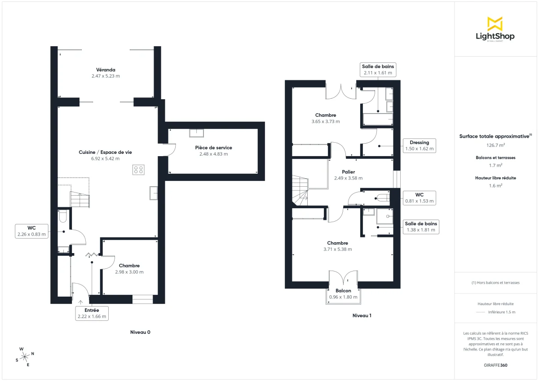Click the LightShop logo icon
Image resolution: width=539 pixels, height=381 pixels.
point(495,23)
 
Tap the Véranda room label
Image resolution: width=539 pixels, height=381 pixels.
point(106,70)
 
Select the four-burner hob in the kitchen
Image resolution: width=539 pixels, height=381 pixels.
point(138,170)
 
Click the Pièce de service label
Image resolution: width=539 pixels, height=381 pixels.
point(213,148)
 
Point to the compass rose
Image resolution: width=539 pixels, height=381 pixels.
point(25,357)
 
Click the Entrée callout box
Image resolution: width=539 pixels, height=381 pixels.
point(92,313)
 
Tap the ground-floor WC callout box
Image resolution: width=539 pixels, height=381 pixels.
point(31,231)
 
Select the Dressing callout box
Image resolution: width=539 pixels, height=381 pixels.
point(419,145)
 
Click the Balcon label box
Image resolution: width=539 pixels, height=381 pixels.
point(344,294)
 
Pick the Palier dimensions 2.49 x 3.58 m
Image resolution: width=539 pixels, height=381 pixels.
point(348,178)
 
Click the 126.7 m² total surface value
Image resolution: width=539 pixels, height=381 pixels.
point(495,145)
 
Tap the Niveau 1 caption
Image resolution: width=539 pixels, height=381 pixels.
point(362,315)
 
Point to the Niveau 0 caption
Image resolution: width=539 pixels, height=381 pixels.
point(140,333)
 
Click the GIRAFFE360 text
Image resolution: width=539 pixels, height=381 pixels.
point(495,365)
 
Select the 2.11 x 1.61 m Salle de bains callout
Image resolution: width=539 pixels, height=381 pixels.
point(378,70)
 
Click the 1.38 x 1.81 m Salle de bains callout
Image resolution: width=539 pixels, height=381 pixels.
point(421,227)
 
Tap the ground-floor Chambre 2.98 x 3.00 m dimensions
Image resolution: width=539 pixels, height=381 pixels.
point(129,272)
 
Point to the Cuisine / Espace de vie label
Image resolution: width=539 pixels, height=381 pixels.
point(106,152)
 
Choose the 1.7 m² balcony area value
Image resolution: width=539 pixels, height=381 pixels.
point(495,165)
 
